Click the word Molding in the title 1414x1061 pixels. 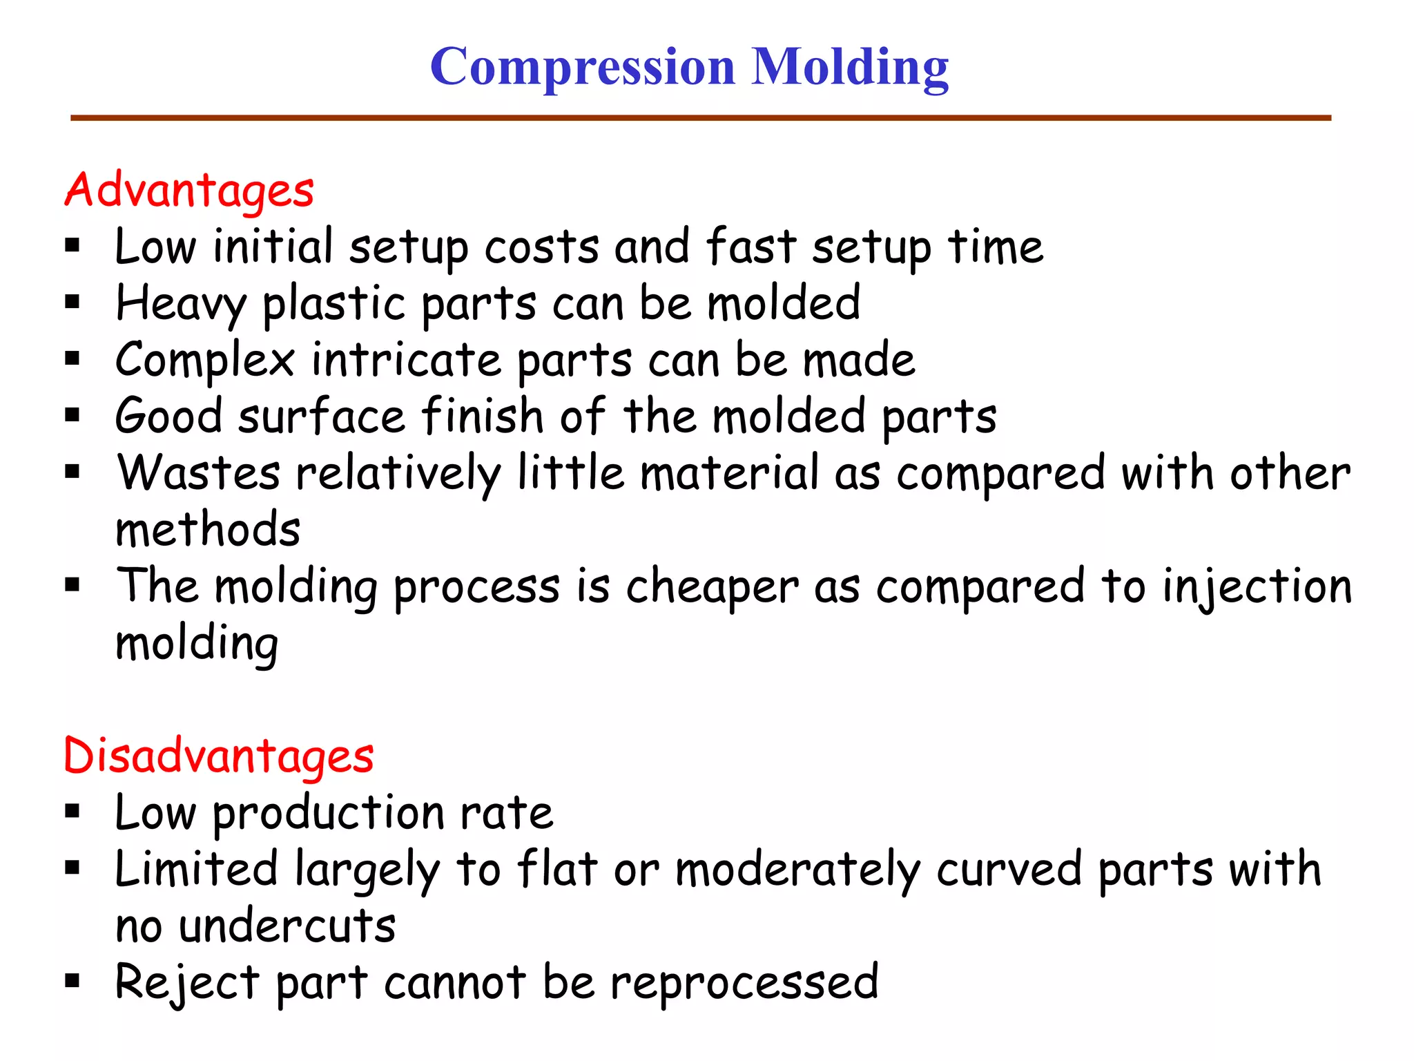[x=850, y=68]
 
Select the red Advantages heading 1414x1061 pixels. [x=189, y=190]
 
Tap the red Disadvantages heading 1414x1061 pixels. [x=218, y=756]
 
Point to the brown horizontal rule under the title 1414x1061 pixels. [x=700, y=118]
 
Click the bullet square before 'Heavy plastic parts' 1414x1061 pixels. [x=72, y=302]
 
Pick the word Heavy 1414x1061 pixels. [x=181, y=304]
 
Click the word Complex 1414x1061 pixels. [x=205, y=361]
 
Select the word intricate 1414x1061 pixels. [x=407, y=361]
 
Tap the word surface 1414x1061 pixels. [x=322, y=417]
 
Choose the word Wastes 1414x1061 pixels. [x=198, y=473]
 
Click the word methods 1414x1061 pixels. [x=208, y=530]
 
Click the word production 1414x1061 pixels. [x=328, y=814]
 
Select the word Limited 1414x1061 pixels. [x=196, y=869]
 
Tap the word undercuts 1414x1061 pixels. [x=287, y=926]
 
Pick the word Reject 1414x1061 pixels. [x=187, y=983]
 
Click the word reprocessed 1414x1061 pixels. [x=744, y=983]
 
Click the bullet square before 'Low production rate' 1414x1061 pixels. [x=72, y=811]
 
